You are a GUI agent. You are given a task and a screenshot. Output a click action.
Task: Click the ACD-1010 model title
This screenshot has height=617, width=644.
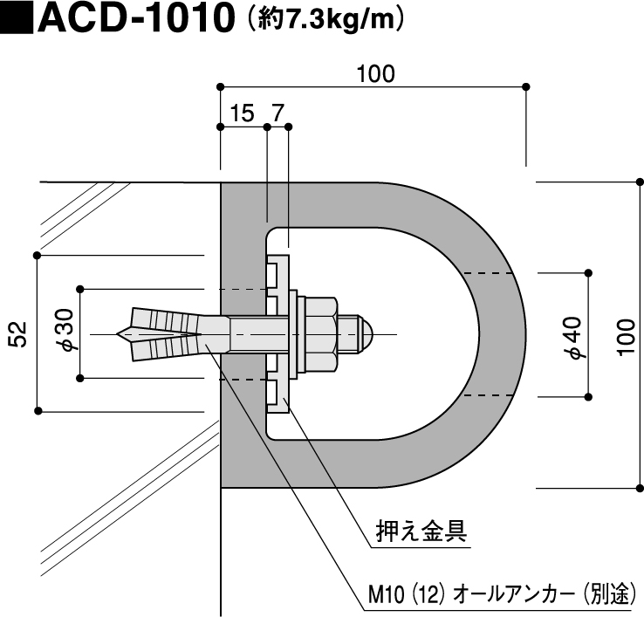pyautogui.click(x=136, y=18)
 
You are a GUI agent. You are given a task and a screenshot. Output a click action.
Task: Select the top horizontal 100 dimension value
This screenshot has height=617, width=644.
pyautogui.click(x=375, y=74)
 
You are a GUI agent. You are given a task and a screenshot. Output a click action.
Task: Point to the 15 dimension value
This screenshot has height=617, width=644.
pyautogui.click(x=242, y=113)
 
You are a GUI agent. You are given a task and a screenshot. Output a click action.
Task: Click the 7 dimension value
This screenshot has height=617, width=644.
pyautogui.click(x=278, y=113)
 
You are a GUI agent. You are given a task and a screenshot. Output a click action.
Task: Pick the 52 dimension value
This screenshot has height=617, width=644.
pyautogui.click(x=19, y=334)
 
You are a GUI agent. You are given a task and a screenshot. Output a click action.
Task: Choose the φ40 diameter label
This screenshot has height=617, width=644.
pyautogui.click(x=573, y=338)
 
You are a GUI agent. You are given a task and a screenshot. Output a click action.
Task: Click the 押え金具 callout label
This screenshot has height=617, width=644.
pyautogui.click(x=421, y=531)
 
